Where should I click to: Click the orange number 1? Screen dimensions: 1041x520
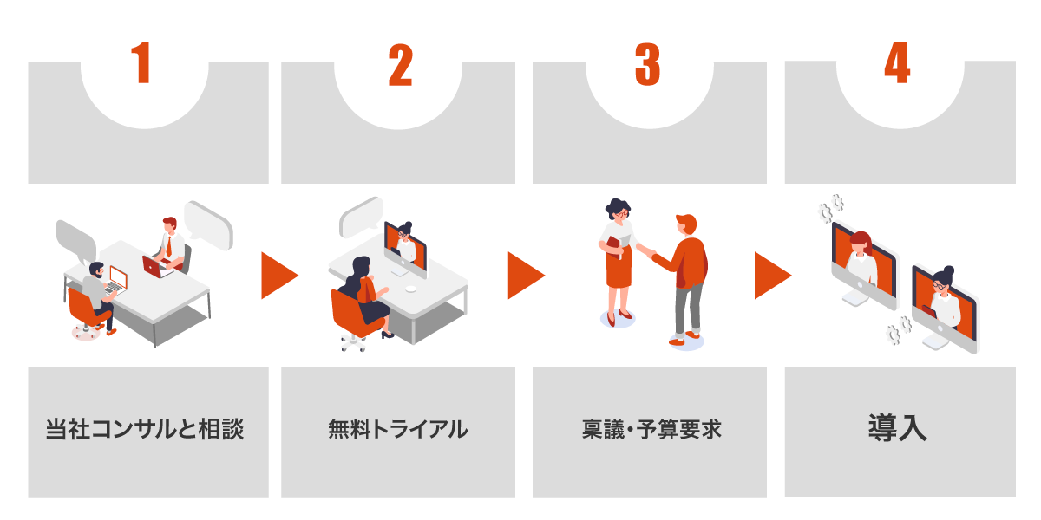[141, 62]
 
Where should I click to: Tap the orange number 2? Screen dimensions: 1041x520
[400, 64]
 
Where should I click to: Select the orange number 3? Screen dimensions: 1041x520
[647, 64]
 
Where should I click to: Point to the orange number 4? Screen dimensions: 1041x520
[897, 62]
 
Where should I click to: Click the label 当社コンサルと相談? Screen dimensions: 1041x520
[145, 428]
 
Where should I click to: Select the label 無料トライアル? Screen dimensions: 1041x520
[398, 429]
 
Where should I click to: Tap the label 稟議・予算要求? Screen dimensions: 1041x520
[651, 429]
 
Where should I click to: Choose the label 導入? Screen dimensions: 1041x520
[897, 427]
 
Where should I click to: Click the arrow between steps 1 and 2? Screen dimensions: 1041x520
[278, 276]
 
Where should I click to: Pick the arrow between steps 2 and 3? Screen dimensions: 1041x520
[526, 276]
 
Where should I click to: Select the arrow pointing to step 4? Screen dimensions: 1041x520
[772, 276]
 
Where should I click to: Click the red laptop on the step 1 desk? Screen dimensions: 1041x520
[154, 267]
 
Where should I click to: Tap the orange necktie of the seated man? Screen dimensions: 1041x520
[168, 246]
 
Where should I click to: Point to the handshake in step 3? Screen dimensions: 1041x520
[650, 253]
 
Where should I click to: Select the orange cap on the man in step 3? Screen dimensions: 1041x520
[687, 223]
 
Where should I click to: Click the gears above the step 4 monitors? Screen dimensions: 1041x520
[831, 209]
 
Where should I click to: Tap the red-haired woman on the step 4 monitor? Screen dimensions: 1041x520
[861, 258]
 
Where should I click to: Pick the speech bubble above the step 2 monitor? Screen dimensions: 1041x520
[362, 217]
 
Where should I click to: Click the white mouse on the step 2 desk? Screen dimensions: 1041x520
[410, 289]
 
